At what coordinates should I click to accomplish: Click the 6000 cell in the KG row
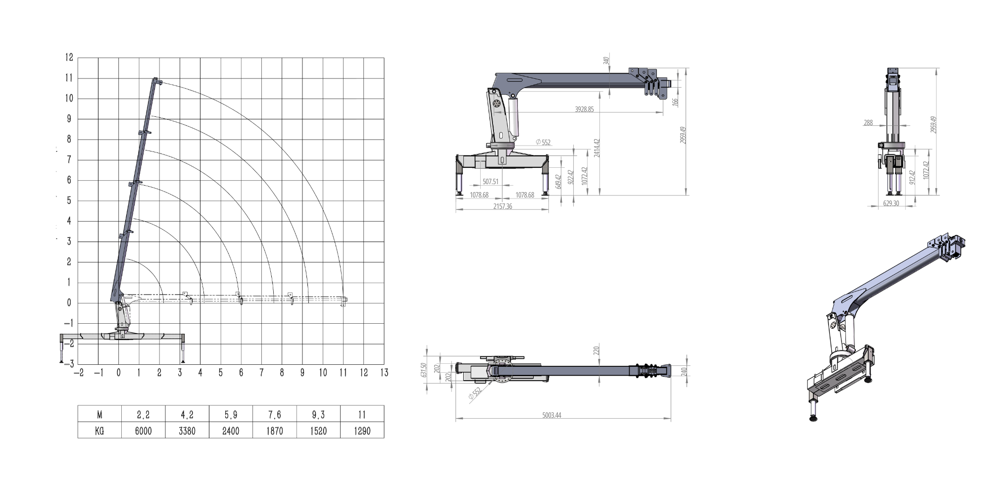(143, 431)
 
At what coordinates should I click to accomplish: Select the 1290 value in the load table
(362, 431)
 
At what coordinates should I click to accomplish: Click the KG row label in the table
(99, 431)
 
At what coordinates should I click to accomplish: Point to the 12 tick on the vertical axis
(69, 57)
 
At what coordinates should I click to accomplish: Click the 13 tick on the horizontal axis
(384, 373)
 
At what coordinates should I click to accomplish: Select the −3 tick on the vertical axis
(69, 364)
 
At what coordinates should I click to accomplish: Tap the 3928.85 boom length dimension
(584, 109)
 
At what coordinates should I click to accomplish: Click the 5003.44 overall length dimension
(551, 415)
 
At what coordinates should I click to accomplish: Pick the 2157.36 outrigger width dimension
(502, 206)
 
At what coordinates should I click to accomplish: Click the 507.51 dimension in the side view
(491, 182)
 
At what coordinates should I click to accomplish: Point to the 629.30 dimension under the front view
(891, 203)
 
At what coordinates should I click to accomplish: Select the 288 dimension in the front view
(868, 123)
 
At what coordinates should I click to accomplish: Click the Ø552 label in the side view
(543, 143)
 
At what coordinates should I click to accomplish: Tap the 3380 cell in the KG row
(187, 431)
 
